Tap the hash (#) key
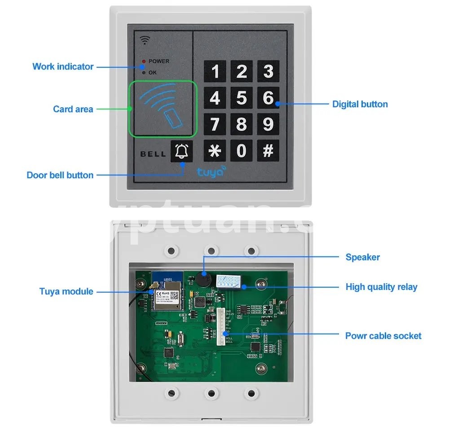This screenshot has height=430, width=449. (x=268, y=150)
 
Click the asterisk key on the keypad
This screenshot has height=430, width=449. (x=215, y=150)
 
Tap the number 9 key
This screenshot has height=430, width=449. (x=268, y=124)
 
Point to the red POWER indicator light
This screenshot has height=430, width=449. (x=144, y=61)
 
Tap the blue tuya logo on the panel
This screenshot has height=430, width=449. (x=211, y=171)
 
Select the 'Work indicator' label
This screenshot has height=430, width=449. (x=63, y=66)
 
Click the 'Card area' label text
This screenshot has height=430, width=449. (x=73, y=109)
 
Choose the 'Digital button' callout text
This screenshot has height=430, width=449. (x=360, y=104)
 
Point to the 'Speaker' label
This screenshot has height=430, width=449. (x=362, y=257)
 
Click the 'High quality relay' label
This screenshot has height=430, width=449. (x=381, y=287)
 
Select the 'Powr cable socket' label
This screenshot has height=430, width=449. (x=383, y=336)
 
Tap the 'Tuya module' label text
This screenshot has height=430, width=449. (x=66, y=291)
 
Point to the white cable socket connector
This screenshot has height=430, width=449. (x=220, y=326)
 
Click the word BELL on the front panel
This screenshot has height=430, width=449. (x=153, y=154)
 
